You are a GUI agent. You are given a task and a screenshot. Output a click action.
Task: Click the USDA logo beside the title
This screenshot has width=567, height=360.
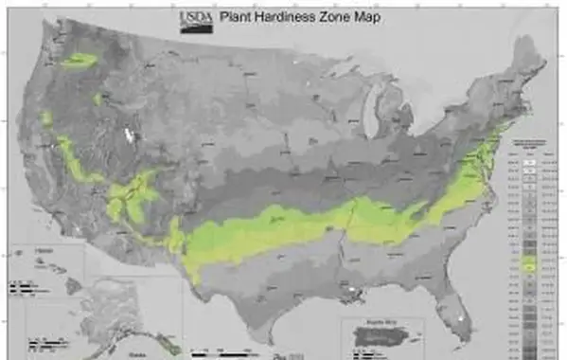(x=190, y=19)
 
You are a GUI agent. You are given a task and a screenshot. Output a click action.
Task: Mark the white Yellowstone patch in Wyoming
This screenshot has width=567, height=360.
(x=128, y=135)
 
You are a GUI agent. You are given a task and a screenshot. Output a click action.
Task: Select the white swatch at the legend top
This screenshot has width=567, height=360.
(x=531, y=163)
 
